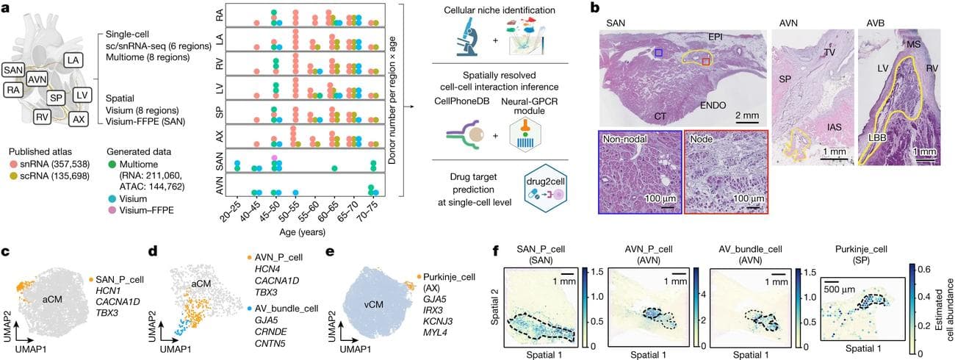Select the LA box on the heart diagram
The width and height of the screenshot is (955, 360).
(73, 60)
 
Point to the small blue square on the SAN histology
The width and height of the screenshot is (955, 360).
(659, 53)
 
